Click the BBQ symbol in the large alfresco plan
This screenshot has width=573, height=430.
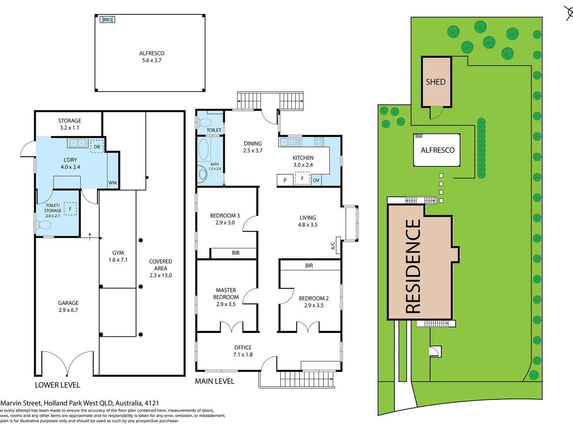click(x=107, y=20)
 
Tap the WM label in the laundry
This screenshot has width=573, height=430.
click(x=113, y=183)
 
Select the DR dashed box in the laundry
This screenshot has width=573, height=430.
click(x=97, y=147)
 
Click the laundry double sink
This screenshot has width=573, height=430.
click(x=77, y=143)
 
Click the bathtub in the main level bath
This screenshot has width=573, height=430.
click(x=203, y=149)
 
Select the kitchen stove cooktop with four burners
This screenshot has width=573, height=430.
click(x=319, y=142)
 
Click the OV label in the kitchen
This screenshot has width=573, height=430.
click(x=316, y=180)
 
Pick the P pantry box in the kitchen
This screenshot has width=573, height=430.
click(x=285, y=180)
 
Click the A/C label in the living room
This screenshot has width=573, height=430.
click(x=333, y=246)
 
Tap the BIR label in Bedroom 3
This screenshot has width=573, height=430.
click(x=236, y=253)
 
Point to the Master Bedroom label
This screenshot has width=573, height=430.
click(x=226, y=294)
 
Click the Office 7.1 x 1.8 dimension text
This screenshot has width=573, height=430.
click(x=243, y=354)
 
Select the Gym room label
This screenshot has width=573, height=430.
click(x=118, y=253)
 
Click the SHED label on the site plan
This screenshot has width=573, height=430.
click(x=435, y=82)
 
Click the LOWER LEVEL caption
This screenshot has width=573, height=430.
click(x=57, y=385)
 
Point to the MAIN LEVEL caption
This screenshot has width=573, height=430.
click(x=214, y=381)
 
